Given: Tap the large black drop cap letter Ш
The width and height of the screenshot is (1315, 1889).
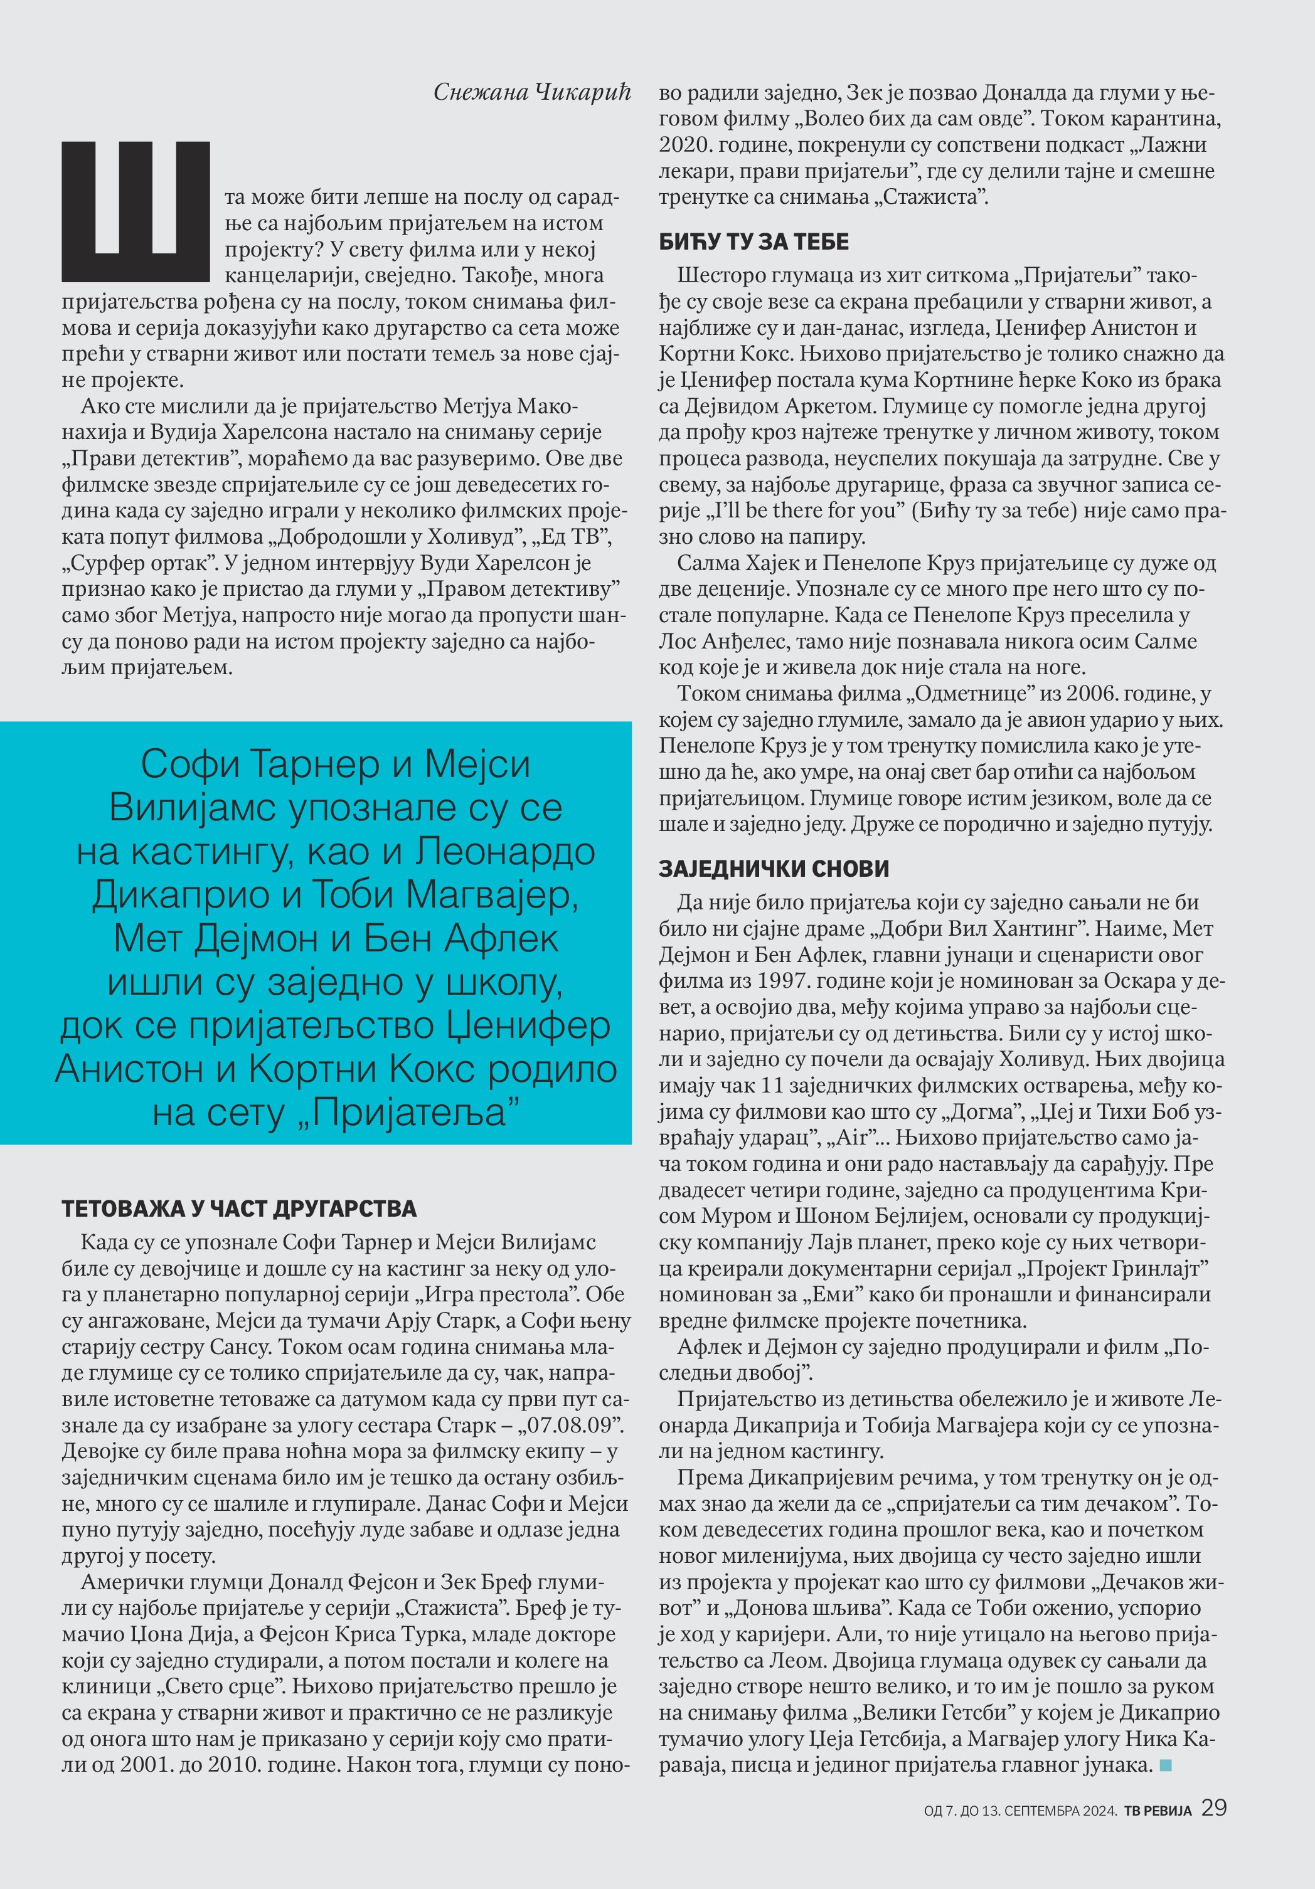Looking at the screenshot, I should click(136, 211).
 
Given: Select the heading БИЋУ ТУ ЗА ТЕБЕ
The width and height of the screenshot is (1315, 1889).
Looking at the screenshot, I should click(753, 242).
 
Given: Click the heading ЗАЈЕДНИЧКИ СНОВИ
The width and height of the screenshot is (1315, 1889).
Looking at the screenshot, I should click(774, 869).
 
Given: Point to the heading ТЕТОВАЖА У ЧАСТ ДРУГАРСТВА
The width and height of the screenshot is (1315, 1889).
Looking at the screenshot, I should click(238, 1209).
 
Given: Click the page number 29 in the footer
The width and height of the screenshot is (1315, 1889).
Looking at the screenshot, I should click(1214, 1807).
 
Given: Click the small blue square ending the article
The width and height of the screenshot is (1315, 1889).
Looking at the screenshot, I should click(1164, 1765).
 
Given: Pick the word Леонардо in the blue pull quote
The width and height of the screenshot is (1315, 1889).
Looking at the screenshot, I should click(504, 852).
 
